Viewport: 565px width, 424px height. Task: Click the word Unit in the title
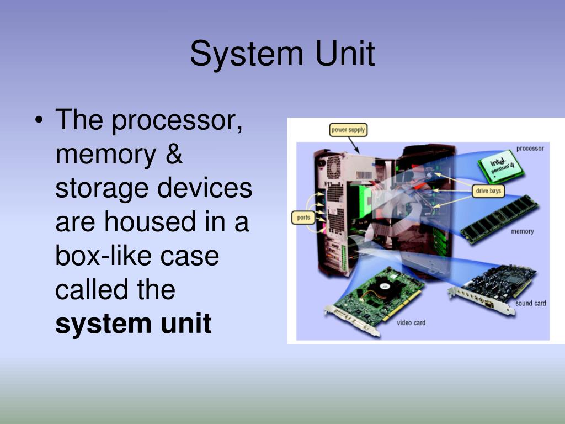pyautogui.click(x=345, y=54)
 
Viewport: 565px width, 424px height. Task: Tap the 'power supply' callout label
pyautogui.click(x=348, y=130)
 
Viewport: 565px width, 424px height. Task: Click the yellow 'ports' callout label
pyautogui.click(x=304, y=218)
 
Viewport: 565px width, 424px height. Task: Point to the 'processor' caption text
pyautogui.click(x=530, y=149)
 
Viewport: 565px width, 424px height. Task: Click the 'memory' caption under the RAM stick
pyautogui.click(x=522, y=231)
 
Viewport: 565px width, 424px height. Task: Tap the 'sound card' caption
pyautogui.click(x=530, y=303)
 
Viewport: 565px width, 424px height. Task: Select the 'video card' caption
pyautogui.click(x=411, y=322)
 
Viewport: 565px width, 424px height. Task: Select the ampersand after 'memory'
pyautogui.click(x=173, y=154)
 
